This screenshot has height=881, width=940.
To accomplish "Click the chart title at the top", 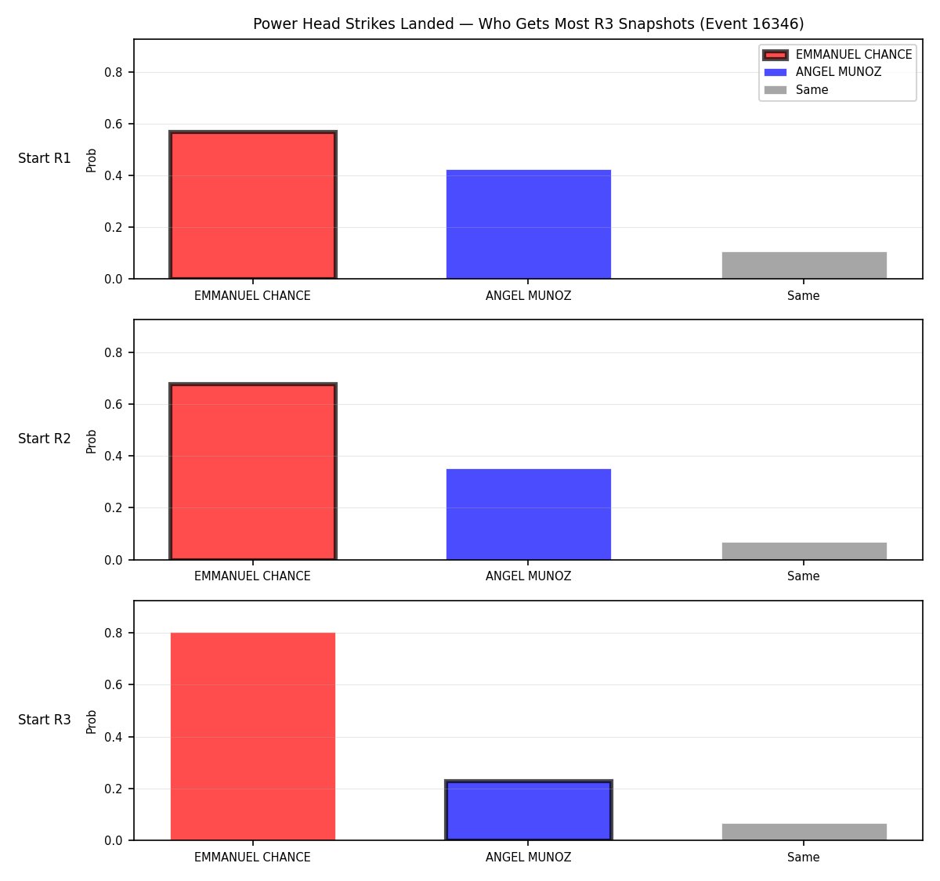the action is coord(528,23).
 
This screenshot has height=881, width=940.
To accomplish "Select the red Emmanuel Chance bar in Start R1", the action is coord(253,205).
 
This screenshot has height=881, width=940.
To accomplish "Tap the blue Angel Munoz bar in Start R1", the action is coord(528,225).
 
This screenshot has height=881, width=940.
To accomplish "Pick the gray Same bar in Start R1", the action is coord(804,265).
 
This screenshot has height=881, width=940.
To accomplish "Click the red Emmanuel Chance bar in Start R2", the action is coord(253,471).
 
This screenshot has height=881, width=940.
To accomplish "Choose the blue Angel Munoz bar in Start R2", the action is coord(528,515).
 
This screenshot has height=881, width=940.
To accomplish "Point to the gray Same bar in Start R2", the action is coord(804,551).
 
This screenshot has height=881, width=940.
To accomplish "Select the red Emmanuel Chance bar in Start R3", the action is coord(253,737).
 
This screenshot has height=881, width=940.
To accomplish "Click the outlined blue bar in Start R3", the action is coord(528,811).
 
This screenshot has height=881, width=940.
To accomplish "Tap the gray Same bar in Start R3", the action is coord(804,832).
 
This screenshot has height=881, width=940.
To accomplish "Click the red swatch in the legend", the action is coord(775,55).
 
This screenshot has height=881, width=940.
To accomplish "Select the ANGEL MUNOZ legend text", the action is coord(838,72).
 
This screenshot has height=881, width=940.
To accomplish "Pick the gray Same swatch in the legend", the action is coord(775,90).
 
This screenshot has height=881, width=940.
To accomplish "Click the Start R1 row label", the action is coord(45,158).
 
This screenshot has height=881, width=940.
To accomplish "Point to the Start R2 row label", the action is coord(45,439).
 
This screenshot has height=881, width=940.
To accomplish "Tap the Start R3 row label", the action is coord(45,720).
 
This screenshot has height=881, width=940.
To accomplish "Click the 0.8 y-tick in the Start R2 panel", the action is coord(114,352).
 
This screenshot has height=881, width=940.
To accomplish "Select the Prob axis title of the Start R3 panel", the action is coord(91,722).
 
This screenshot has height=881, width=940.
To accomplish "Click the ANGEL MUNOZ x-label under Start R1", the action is coord(528,296).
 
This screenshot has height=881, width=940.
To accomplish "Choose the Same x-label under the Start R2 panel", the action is coord(803,576).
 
